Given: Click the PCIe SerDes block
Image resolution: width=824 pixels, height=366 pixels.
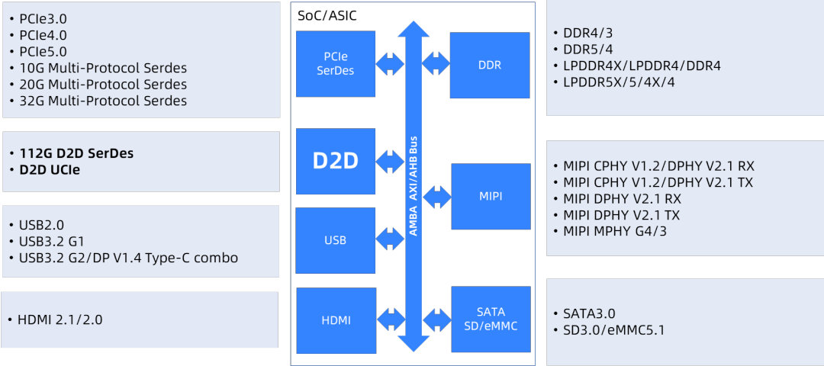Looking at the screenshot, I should (x=336, y=64).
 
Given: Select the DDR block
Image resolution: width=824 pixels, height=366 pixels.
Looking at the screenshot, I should (x=489, y=65).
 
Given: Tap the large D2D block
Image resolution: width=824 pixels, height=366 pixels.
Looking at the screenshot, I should (x=336, y=161).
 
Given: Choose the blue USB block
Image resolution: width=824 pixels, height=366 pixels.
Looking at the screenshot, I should (x=335, y=240).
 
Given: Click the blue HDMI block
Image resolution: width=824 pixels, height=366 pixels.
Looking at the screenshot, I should (x=336, y=320).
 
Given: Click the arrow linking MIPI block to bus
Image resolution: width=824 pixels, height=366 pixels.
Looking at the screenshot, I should (x=437, y=197).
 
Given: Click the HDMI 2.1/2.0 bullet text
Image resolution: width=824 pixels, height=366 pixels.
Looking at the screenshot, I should (x=60, y=319).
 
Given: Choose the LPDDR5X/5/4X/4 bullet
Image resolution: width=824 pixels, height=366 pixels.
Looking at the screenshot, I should (x=619, y=82).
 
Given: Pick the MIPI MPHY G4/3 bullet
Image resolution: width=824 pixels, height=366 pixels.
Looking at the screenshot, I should (x=614, y=231).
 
